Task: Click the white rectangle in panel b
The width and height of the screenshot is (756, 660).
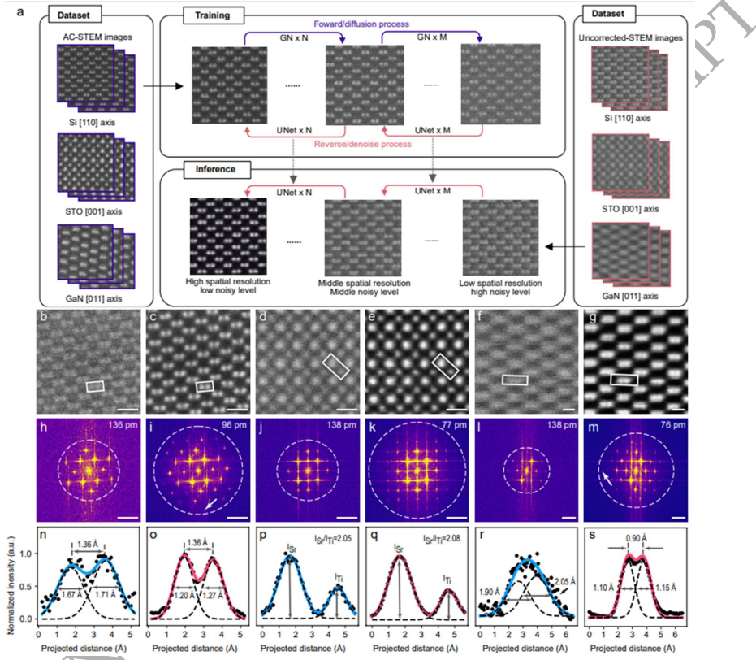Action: point(95,386)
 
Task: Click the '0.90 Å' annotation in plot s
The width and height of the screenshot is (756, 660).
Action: point(635,537)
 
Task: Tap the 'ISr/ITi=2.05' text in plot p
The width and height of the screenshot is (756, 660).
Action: point(336,538)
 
